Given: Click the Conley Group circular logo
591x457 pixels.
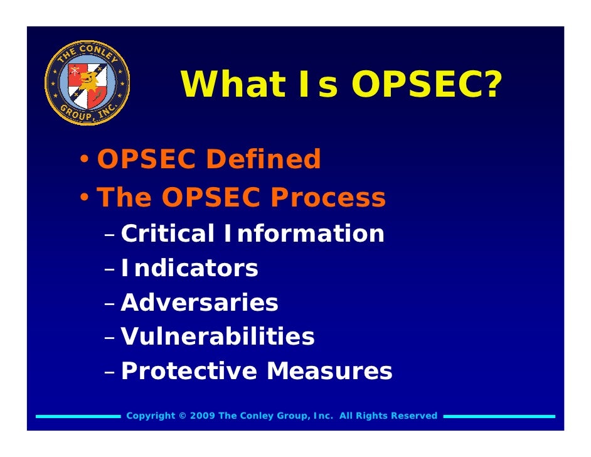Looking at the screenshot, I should coord(88,83).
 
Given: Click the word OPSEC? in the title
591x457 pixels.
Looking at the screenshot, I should coord(427,85).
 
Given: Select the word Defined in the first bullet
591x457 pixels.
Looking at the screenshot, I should coord(263,159).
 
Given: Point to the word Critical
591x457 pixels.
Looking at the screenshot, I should coord(168,234).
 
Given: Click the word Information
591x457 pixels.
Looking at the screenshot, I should coord(303,234).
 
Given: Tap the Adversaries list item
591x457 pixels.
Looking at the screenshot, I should coord(200,303).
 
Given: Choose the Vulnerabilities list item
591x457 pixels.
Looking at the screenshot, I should coord(218,337).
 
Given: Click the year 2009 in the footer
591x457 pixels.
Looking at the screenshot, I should coord(201,416).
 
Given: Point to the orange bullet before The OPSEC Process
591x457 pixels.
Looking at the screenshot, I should coord(83,199).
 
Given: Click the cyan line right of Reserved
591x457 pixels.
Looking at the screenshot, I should coord(499,416).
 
